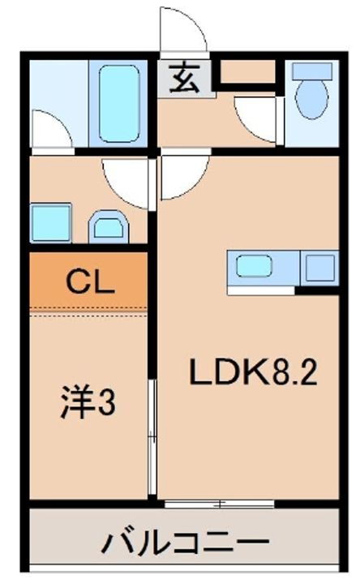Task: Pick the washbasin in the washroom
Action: pos(107,225)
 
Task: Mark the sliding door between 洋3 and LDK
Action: pos(152,438)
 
